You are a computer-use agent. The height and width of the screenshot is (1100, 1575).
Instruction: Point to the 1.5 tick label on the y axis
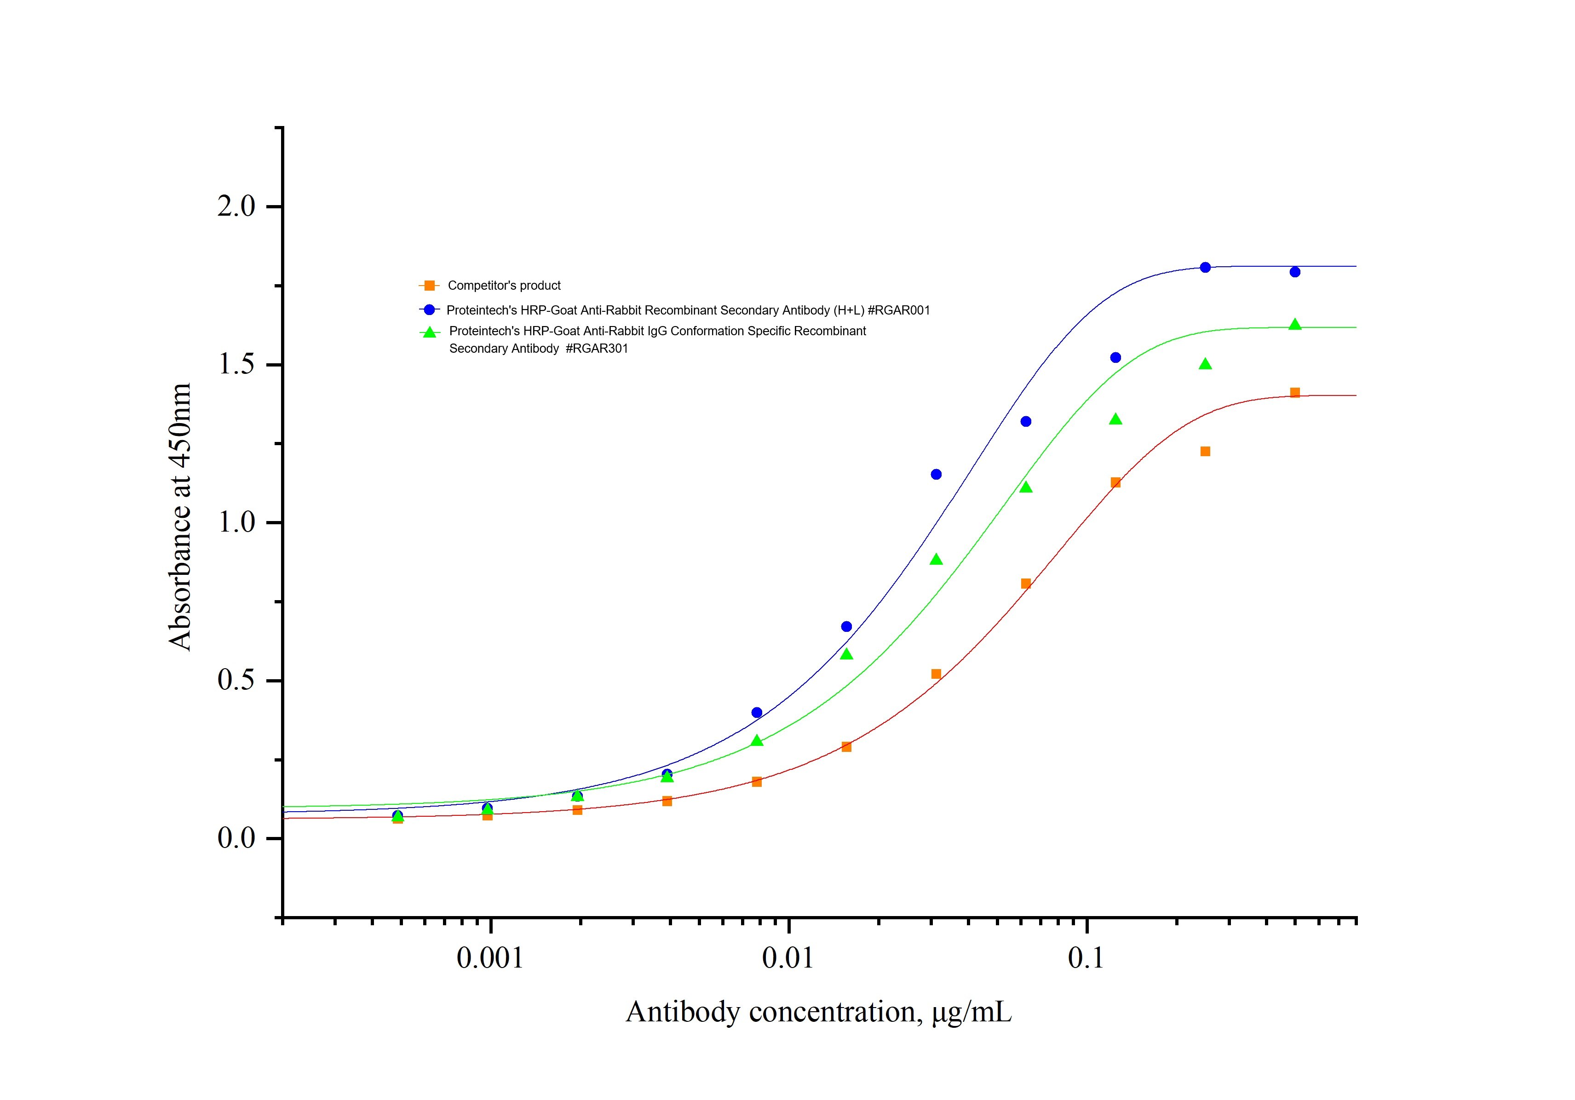pyautogui.click(x=236, y=364)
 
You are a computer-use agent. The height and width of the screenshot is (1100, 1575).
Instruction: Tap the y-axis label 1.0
pyautogui.click(x=236, y=522)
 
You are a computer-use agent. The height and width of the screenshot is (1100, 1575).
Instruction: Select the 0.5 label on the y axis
pyautogui.click(x=236, y=680)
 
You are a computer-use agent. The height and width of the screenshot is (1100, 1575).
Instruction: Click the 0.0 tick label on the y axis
pyautogui.click(x=236, y=838)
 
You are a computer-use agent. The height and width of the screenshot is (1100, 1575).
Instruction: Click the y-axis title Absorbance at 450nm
pyautogui.click(x=180, y=517)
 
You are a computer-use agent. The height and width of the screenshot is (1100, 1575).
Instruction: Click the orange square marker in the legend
pyautogui.click(x=430, y=285)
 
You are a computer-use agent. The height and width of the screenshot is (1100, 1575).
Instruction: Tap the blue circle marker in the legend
pyautogui.click(x=430, y=310)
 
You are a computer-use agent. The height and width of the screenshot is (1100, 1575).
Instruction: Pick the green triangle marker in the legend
pyautogui.click(x=430, y=332)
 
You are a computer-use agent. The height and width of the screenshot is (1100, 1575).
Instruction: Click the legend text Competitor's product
pyautogui.click(x=504, y=285)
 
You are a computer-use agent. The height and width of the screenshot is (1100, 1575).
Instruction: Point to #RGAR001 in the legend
pyautogui.click(x=899, y=310)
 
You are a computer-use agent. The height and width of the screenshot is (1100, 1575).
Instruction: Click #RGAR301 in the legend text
pyautogui.click(x=597, y=349)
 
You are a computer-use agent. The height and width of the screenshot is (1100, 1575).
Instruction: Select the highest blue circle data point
pyautogui.click(x=1205, y=268)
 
